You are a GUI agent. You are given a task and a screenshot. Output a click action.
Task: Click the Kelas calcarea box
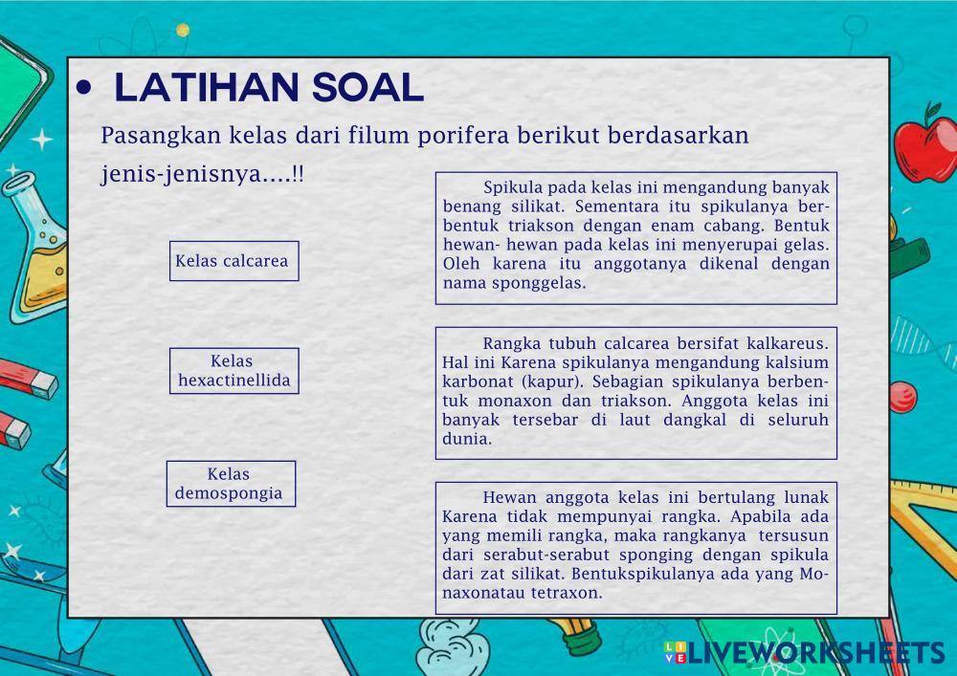coord(234,261)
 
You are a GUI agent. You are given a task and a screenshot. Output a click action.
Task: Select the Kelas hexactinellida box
coord(234,371)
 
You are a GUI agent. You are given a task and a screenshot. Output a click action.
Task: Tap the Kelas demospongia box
coord(231,484)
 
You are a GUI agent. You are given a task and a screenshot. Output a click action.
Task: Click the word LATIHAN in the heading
coord(207,87)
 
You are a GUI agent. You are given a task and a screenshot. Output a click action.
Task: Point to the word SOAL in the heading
coord(368,87)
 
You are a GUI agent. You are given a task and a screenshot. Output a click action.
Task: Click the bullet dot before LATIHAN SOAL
coord(83,88)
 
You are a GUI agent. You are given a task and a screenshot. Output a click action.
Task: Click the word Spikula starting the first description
coord(511,187)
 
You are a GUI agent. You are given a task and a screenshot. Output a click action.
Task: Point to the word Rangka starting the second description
coord(511,344)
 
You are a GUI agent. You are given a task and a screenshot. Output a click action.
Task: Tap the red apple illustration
coord(926,146)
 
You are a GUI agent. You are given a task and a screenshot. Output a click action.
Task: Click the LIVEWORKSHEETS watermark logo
coord(805,652)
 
